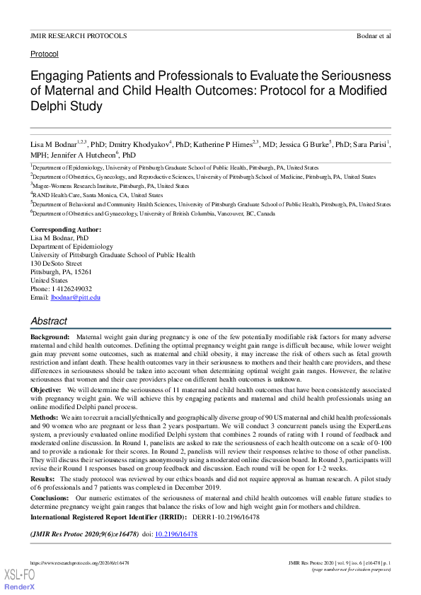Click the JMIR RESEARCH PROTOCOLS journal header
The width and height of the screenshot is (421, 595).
(x=79, y=35)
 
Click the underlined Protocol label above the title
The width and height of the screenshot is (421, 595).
(x=44, y=54)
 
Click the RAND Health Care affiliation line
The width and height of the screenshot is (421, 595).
(x=98, y=195)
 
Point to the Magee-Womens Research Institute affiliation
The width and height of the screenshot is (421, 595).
(x=110, y=186)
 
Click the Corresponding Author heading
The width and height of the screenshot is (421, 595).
(x=66, y=230)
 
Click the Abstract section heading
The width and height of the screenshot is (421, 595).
(x=48, y=321)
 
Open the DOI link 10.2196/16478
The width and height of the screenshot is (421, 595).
(x=175, y=534)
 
